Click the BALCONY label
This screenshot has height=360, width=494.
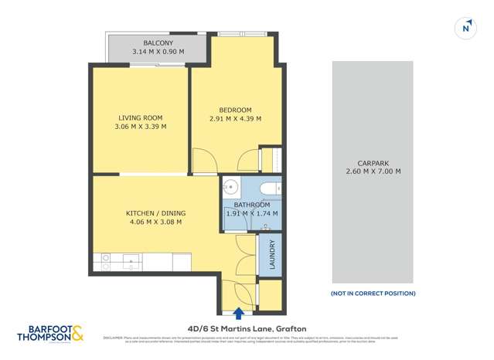[x=158, y=42]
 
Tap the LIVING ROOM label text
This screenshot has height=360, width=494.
[x=140, y=117]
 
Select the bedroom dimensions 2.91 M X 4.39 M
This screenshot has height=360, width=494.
[x=235, y=119]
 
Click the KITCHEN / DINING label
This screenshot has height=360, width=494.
[x=155, y=213]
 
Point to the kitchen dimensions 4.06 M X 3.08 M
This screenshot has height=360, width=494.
[x=155, y=222]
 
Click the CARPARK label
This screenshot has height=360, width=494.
[x=372, y=163]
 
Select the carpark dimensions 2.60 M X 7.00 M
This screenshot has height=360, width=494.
[x=372, y=172]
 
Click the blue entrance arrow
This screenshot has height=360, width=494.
[x=238, y=313]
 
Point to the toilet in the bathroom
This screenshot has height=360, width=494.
[x=267, y=188]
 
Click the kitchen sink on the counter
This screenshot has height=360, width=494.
[x=131, y=263]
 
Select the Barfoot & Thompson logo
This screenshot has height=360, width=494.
[x=50, y=335]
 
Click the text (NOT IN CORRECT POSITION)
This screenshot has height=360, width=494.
[x=373, y=294]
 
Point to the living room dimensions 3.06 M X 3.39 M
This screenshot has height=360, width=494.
[x=140, y=127]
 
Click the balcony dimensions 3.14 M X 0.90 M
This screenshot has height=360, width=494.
[x=158, y=52]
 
